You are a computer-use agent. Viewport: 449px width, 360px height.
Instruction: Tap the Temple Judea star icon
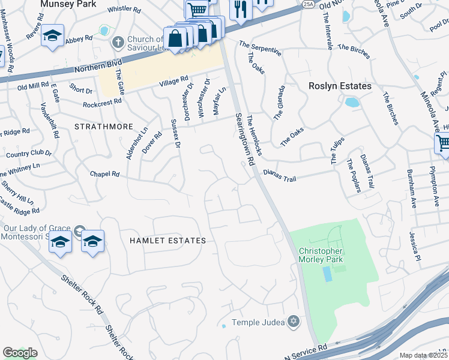click(x=294, y=322)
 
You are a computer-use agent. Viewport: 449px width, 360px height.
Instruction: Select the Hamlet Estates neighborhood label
click(x=167, y=241)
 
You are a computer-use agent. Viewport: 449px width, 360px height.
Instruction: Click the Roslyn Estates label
click(x=340, y=86)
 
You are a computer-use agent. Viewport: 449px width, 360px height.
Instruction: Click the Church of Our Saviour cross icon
click(x=118, y=43)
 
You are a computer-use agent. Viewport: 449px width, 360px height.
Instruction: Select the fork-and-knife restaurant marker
click(x=240, y=10)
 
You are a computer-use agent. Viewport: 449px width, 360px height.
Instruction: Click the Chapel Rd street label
click(x=104, y=174)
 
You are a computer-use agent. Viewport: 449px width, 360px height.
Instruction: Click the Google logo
click(x=20, y=352)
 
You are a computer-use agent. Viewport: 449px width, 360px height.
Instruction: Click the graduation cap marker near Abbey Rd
click(x=53, y=35)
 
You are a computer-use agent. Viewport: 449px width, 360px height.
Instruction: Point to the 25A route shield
click(x=309, y=4)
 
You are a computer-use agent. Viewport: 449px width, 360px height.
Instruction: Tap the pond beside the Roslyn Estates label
click(x=352, y=101)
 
